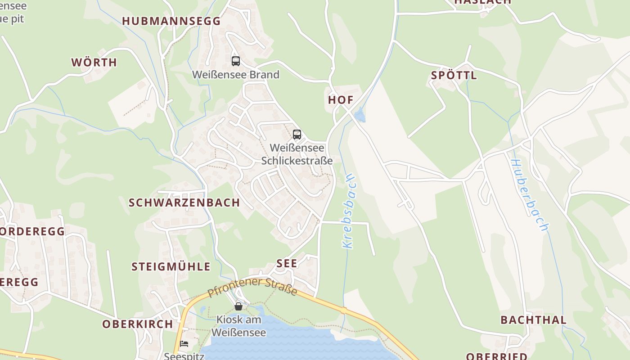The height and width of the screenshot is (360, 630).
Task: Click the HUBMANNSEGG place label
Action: (x=171, y=21)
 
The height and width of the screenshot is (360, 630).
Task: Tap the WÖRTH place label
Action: (x=94, y=63)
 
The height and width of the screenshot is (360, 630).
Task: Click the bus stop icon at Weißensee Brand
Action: (x=236, y=61)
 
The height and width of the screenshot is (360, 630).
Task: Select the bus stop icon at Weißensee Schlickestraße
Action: (x=297, y=135)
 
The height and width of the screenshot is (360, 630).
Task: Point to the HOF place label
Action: (x=341, y=100)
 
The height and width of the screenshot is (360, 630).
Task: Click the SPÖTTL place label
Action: (x=454, y=76)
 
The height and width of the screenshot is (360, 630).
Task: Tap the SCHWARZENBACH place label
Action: (x=184, y=203)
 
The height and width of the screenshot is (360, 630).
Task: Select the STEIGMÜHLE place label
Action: (x=171, y=267)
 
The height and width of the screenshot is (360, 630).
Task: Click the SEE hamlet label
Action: (x=287, y=264)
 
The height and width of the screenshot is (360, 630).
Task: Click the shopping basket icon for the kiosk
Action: (x=238, y=306)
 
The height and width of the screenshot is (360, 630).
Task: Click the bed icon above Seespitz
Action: (x=184, y=344)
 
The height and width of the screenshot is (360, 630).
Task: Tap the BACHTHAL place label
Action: (x=533, y=320)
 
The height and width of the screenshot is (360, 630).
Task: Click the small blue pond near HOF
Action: (x=360, y=116)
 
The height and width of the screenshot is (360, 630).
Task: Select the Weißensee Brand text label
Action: (x=236, y=75)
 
